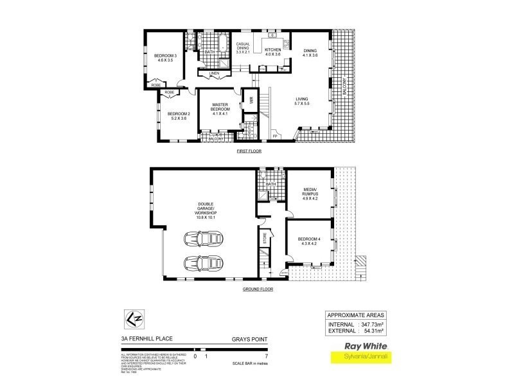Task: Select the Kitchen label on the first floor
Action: (x=273, y=52)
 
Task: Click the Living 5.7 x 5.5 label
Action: (x=301, y=101)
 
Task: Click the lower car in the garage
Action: (x=202, y=263)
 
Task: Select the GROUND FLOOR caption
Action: (x=258, y=289)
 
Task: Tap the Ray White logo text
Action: (x=356, y=344)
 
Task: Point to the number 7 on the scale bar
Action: (x=265, y=355)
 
